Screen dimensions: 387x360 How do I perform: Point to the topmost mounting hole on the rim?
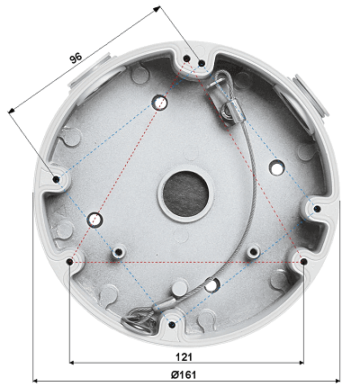pos(186,59)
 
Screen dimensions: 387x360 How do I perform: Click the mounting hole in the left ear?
pos(57,179)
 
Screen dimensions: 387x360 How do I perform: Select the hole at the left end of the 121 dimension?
pos(70,262)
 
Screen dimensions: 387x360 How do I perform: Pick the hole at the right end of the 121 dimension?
pos(302,262)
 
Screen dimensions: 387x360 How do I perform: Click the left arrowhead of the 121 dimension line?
pos(73,363)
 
